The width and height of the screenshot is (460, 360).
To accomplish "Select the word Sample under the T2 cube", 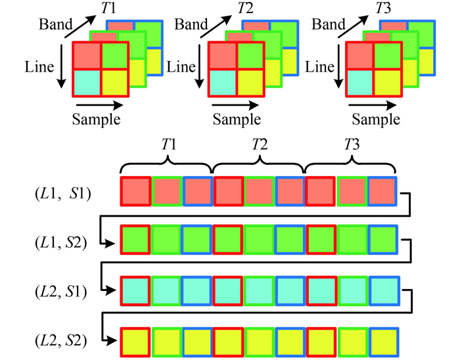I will click(x=239, y=120).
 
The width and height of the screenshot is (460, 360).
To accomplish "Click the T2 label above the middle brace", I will click(x=260, y=146).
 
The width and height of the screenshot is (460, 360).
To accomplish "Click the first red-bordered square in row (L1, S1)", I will click(x=136, y=192).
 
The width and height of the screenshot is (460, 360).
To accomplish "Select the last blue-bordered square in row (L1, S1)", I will click(x=382, y=192).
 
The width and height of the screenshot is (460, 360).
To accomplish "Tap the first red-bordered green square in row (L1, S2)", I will click(x=136, y=241).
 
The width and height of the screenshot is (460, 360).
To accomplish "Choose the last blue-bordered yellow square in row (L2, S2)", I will click(x=382, y=340).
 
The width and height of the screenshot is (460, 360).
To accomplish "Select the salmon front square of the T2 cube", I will click(x=222, y=55).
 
